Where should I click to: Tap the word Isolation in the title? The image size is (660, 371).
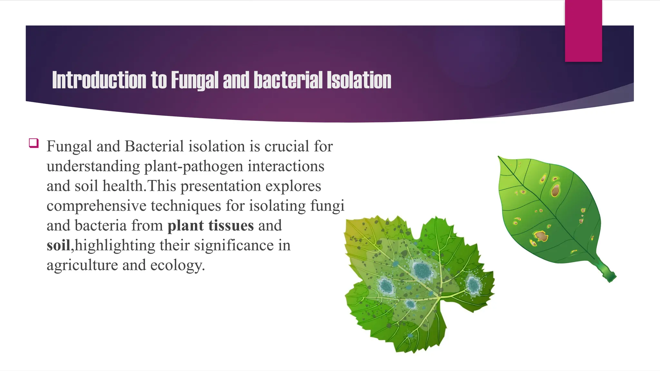pyautogui.click(x=359, y=80)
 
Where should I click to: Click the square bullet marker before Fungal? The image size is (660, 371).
pyautogui.click(x=34, y=143)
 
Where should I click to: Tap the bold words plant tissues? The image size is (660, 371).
pyautogui.click(x=210, y=225)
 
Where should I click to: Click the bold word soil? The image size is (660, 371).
pyautogui.click(x=58, y=245)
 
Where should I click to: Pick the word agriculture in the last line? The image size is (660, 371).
pyautogui.click(x=82, y=265)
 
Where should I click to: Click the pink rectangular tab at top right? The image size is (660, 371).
pyautogui.click(x=583, y=31)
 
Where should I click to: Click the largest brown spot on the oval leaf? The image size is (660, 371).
pyautogui.click(x=555, y=190)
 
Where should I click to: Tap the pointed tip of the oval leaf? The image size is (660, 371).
pyautogui.click(x=499, y=157)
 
